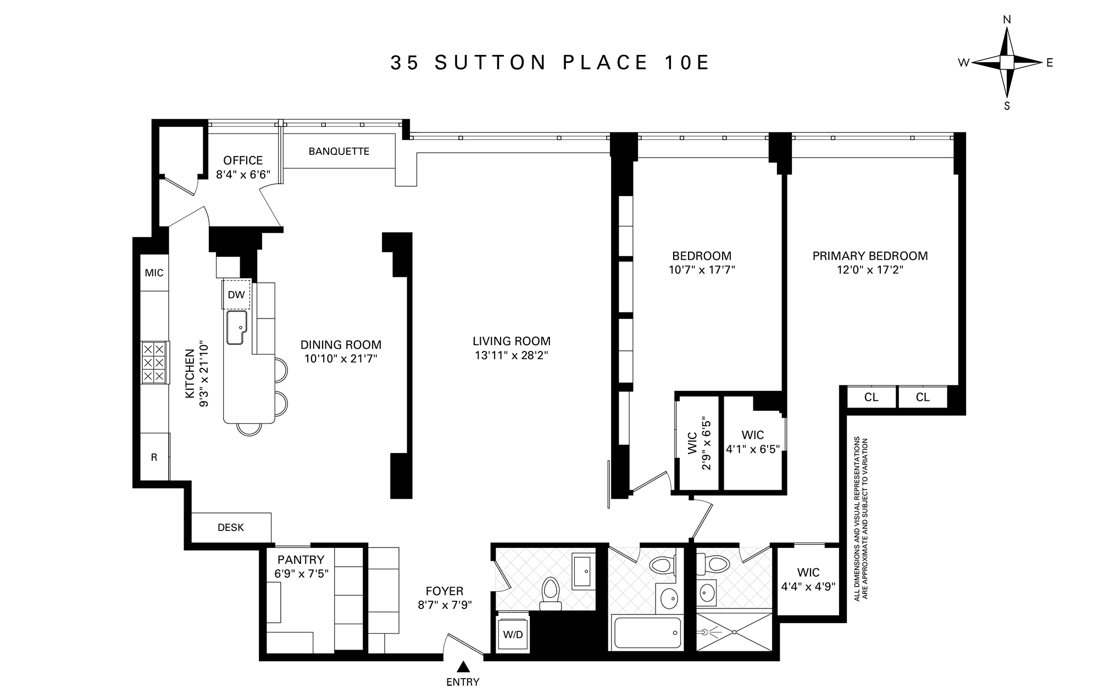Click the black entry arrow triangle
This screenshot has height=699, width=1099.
click(464, 667)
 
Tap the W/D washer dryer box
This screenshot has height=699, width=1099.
click(513, 635)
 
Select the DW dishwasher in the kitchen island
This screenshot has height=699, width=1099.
click(236, 295)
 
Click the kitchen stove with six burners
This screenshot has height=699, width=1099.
click(154, 362)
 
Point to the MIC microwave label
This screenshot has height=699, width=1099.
click(154, 273)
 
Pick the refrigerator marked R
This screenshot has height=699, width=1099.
click(154, 457)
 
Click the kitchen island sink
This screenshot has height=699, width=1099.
click(237, 328)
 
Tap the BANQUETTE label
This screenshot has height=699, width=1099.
click(338, 151)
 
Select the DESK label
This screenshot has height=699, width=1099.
click(231, 528)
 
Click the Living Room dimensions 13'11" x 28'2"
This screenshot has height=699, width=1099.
click(512, 356)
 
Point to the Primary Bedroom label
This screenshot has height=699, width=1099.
click(870, 256)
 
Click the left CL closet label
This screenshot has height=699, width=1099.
click(871, 398)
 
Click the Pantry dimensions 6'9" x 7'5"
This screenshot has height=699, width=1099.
click(301, 574)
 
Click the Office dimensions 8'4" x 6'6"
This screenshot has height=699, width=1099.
click(243, 175)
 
